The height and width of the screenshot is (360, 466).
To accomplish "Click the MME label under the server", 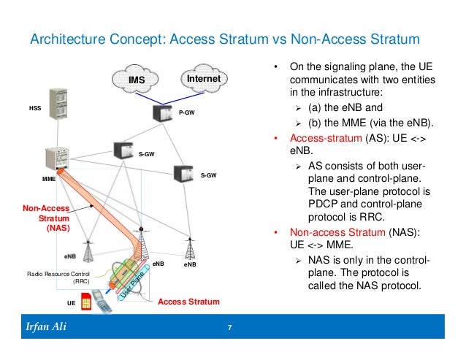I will [49, 177].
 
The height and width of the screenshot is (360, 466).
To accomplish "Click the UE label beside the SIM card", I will [71, 302].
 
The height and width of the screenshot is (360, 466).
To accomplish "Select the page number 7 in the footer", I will [229, 326].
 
